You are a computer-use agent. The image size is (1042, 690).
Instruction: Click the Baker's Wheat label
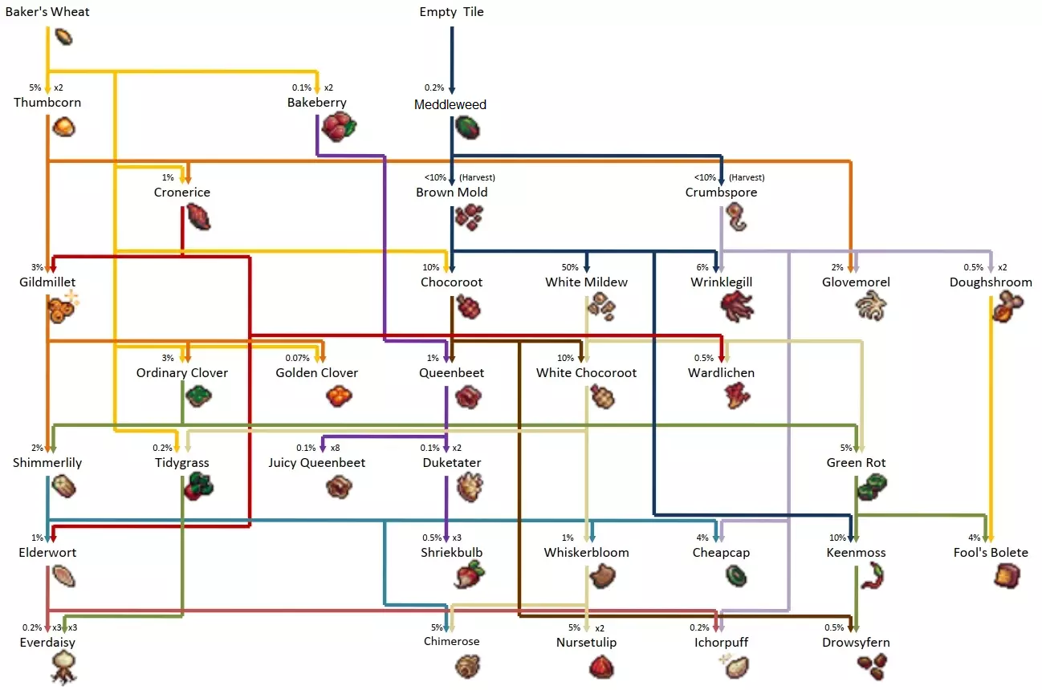point(47,12)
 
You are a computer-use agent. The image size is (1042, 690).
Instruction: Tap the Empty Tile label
point(451,12)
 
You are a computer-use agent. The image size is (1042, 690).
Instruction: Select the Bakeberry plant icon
point(338,127)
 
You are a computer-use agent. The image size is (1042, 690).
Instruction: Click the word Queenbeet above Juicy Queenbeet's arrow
point(452,373)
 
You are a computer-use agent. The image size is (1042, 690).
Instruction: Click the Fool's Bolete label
point(990,553)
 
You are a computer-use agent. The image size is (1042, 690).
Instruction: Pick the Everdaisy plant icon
point(63,665)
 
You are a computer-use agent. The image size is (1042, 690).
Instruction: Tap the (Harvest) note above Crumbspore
point(747,177)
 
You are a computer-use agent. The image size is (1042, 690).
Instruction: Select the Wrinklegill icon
point(736,306)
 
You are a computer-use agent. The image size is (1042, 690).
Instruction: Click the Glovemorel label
point(856,282)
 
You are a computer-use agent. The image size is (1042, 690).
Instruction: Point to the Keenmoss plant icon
point(872,574)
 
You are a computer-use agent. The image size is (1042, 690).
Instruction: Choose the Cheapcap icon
point(737,575)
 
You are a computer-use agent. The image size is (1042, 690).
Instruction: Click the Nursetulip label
point(587,643)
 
